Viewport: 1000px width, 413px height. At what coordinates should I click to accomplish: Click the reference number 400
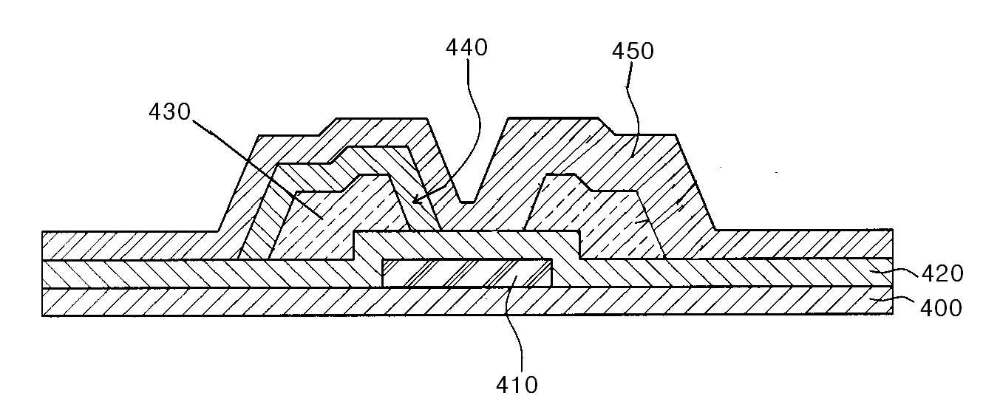click(941, 308)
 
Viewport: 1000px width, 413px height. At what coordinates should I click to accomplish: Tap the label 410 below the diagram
click(517, 385)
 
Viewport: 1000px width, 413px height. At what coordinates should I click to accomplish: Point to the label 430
click(170, 112)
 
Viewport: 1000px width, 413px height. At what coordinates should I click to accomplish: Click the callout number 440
click(466, 47)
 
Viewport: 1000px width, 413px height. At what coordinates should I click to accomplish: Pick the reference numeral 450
click(633, 51)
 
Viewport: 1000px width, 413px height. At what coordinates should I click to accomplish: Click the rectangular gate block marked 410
click(467, 273)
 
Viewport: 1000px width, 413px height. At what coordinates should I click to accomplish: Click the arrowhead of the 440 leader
click(416, 199)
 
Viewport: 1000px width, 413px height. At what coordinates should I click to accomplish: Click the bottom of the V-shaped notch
click(467, 202)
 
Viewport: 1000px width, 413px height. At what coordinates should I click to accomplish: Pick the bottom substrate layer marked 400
click(467, 302)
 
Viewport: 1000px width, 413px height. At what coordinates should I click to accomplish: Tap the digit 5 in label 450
click(633, 51)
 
